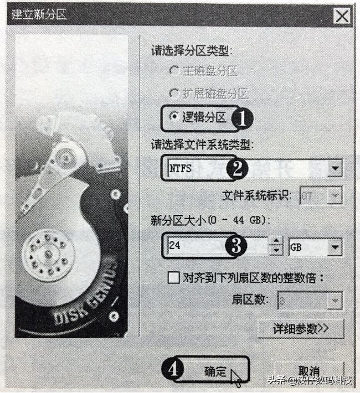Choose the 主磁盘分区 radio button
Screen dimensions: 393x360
coord(174,71)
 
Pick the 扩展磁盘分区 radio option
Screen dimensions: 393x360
coord(174,94)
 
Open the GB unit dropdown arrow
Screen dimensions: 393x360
coord(335,248)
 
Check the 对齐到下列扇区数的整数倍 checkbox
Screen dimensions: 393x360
coord(174,278)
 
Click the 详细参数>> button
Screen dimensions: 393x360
coord(301,328)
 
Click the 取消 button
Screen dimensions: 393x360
coord(309,371)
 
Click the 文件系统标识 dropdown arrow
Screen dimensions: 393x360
coord(335,196)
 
